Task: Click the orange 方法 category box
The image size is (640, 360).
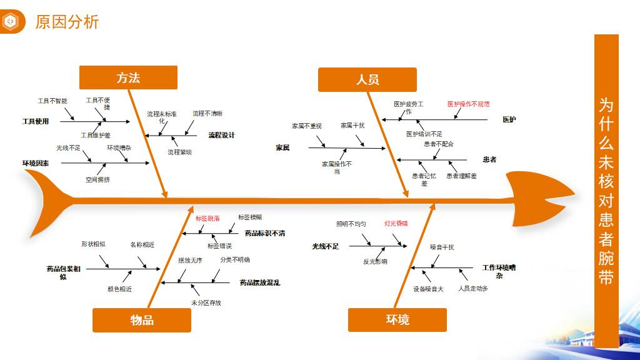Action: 128,77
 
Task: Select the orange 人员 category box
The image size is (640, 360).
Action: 367,80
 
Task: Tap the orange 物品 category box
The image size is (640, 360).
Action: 142,320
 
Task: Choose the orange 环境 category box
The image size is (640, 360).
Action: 397,320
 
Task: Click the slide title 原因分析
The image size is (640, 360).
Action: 67,22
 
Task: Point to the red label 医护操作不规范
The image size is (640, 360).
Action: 468,104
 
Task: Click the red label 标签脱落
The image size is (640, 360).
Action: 207,219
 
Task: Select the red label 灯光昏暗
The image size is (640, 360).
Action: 396,223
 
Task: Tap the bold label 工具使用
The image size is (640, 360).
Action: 36,121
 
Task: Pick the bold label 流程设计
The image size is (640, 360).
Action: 221,135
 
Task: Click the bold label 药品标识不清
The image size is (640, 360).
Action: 265,233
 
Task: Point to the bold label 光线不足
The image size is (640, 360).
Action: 326,246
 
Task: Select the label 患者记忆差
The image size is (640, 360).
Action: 424,179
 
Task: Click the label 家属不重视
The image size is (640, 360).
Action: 307,126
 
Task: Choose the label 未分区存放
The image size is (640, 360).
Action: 206,302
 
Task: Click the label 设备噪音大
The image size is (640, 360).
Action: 428,289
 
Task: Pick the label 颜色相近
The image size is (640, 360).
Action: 119,289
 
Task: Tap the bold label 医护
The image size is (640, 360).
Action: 509,119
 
